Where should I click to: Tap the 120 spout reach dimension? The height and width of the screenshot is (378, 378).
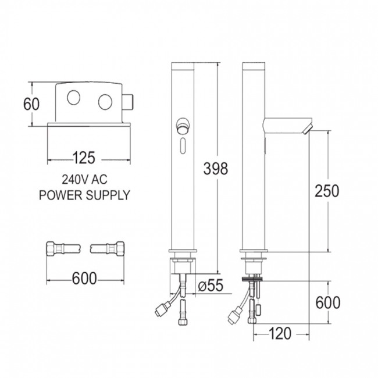coord(280,334)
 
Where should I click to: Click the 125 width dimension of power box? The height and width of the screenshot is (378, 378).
coord(84,158)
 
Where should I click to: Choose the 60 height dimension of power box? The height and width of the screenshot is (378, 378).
coord(30,104)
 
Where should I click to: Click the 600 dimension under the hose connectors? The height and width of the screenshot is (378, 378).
coord(84,279)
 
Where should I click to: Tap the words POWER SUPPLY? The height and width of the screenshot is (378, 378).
coord(84,195)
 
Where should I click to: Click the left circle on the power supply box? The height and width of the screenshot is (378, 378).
coord(74,98)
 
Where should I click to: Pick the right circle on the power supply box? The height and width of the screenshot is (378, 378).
coord(105,101)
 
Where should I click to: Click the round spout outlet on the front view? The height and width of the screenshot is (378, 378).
coord(183,124)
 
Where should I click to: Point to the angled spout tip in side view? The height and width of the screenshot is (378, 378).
coord(309,126)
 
